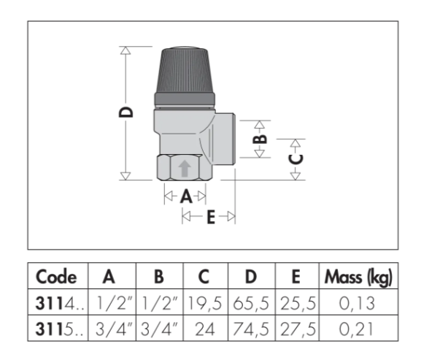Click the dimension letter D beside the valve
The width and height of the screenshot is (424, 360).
[126, 112]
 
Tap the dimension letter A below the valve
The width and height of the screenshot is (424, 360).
[186, 196]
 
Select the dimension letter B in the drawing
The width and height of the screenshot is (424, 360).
[260, 139]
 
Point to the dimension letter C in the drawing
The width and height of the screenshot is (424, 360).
[296, 159]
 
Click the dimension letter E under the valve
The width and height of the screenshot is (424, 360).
[211, 217]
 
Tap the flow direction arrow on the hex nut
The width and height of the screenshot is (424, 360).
[185, 169]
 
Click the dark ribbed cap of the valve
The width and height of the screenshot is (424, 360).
[185, 76]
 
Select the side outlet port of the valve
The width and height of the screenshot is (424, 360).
[225, 139]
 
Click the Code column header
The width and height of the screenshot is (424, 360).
[56, 277]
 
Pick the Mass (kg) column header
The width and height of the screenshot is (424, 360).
[358, 277]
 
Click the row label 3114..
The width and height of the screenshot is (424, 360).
[59, 303]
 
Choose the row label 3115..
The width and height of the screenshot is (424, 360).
[59, 329]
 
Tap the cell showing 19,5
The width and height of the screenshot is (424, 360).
[204, 303]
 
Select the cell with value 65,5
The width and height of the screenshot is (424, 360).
[251, 303]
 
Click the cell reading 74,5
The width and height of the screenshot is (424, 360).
[251, 329]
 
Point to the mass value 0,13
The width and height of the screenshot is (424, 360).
[357, 303]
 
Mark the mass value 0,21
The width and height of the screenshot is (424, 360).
[356, 329]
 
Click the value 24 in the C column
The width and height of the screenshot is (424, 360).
[205, 329]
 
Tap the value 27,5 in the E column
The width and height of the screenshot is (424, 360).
[298, 329]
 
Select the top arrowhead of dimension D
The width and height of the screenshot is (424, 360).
[126, 50]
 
